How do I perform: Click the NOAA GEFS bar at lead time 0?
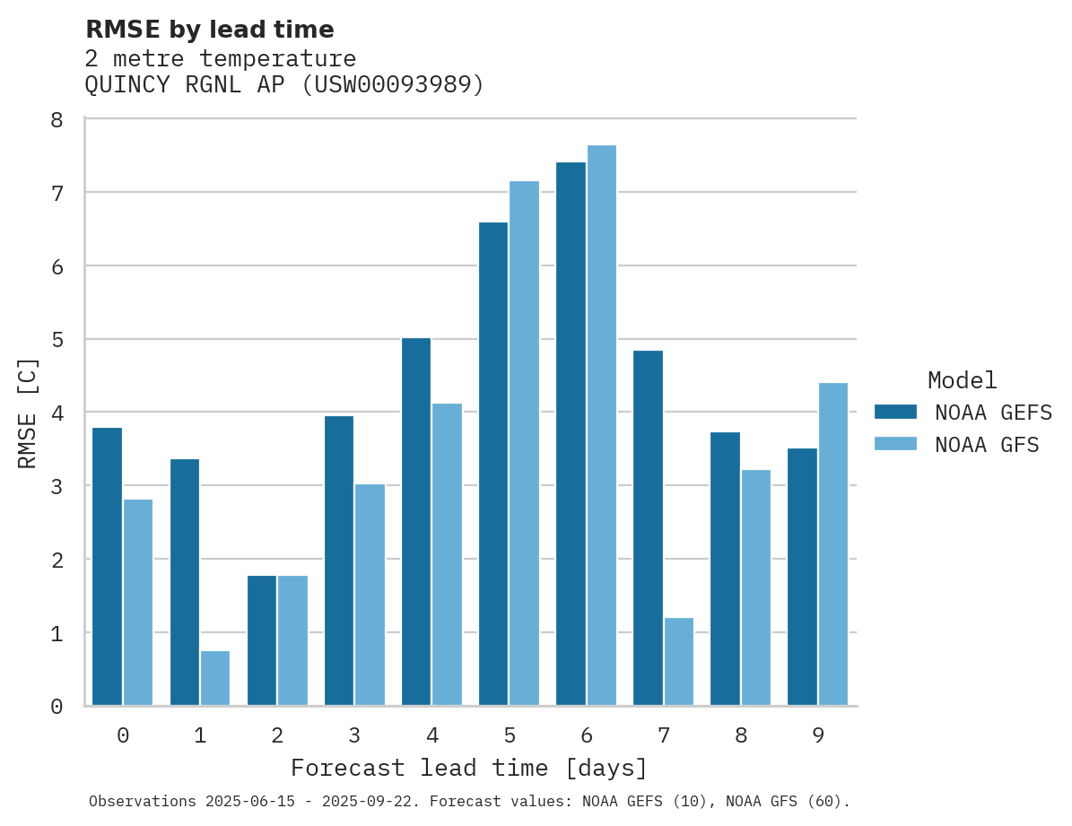tap(107, 567)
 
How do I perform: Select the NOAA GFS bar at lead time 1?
tap(215, 678)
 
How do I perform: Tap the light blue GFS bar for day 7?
tap(678, 662)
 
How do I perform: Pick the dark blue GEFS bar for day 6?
tap(571, 434)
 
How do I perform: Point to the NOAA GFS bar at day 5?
tap(524, 443)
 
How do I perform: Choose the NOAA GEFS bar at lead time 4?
tap(416, 522)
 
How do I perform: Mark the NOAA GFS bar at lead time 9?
tap(832, 544)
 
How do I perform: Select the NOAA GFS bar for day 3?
tap(370, 595)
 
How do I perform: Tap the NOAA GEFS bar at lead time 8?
tap(725, 569)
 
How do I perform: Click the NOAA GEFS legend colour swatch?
tap(895, 412)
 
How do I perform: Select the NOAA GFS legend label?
tap(987, 445)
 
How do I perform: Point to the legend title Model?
tap(962, 380)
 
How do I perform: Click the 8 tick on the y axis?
tap(57, 119)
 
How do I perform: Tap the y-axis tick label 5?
tap(57, 340)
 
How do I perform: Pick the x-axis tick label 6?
tap(587, 735)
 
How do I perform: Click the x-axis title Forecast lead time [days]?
tap(469, 769)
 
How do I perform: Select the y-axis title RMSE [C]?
tap(28, 413)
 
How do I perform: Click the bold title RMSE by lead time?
tap(209, 30)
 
